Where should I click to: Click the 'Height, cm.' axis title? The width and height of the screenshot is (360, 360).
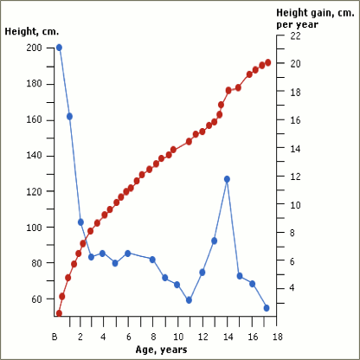point(32,31)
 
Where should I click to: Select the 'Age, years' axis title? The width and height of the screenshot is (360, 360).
point(161,350)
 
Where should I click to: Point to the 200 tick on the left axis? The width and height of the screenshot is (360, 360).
point(34,48)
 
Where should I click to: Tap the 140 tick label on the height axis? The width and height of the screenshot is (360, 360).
point(34,156)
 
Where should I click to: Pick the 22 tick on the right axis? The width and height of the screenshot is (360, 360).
point(295,35)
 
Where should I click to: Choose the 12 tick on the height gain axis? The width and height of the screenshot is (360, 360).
point(295,177)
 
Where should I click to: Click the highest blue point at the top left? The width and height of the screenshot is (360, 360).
point(59,48)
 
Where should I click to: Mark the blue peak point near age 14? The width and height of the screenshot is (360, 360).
point(227,179)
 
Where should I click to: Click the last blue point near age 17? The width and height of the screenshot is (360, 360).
point(267,307)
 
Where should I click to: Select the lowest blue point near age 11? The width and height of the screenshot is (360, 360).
point(189,300)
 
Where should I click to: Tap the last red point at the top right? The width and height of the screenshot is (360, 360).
point(268,62)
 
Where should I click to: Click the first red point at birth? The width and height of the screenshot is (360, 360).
point(59,313)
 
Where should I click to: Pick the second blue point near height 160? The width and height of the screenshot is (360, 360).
point(69,116)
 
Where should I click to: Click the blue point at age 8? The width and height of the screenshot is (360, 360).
point(152,260)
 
